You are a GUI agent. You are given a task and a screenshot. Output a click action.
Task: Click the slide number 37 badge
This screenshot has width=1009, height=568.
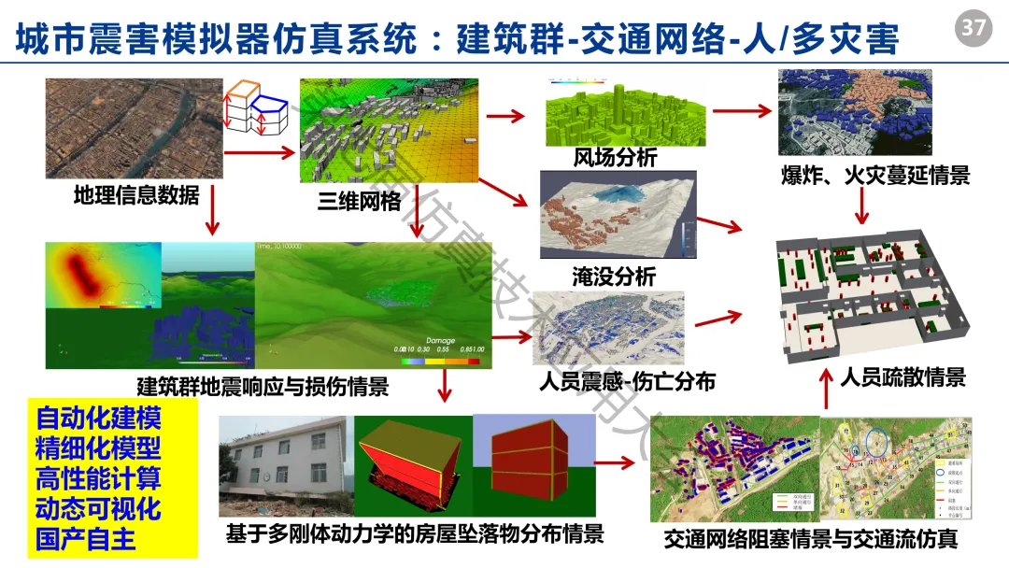click(x=973, y=28)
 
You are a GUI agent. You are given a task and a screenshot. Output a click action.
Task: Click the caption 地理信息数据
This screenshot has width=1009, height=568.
click(x=136, y=195)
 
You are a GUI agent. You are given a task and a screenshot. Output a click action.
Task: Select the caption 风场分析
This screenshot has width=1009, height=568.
click(x=615, y=157)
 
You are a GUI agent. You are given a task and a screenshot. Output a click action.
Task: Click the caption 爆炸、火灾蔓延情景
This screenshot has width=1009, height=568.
click(x=874, y=175)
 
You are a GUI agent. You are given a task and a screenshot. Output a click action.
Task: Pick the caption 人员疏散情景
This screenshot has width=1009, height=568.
click(x=902, y=377)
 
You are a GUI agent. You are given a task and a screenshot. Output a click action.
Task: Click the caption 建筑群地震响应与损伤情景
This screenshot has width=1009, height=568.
click(x=263, y=386)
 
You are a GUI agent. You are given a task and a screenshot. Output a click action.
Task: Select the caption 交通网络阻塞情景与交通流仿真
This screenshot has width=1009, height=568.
click(x=811, y=539)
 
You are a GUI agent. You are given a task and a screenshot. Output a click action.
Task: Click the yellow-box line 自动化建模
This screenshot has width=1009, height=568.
click(x=99, y=417)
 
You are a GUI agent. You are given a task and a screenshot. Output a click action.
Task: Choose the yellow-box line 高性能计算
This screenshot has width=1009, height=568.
click(x=99, y=478)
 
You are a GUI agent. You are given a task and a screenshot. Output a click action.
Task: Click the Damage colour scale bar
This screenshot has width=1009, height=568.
click(x=439, y=361)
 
